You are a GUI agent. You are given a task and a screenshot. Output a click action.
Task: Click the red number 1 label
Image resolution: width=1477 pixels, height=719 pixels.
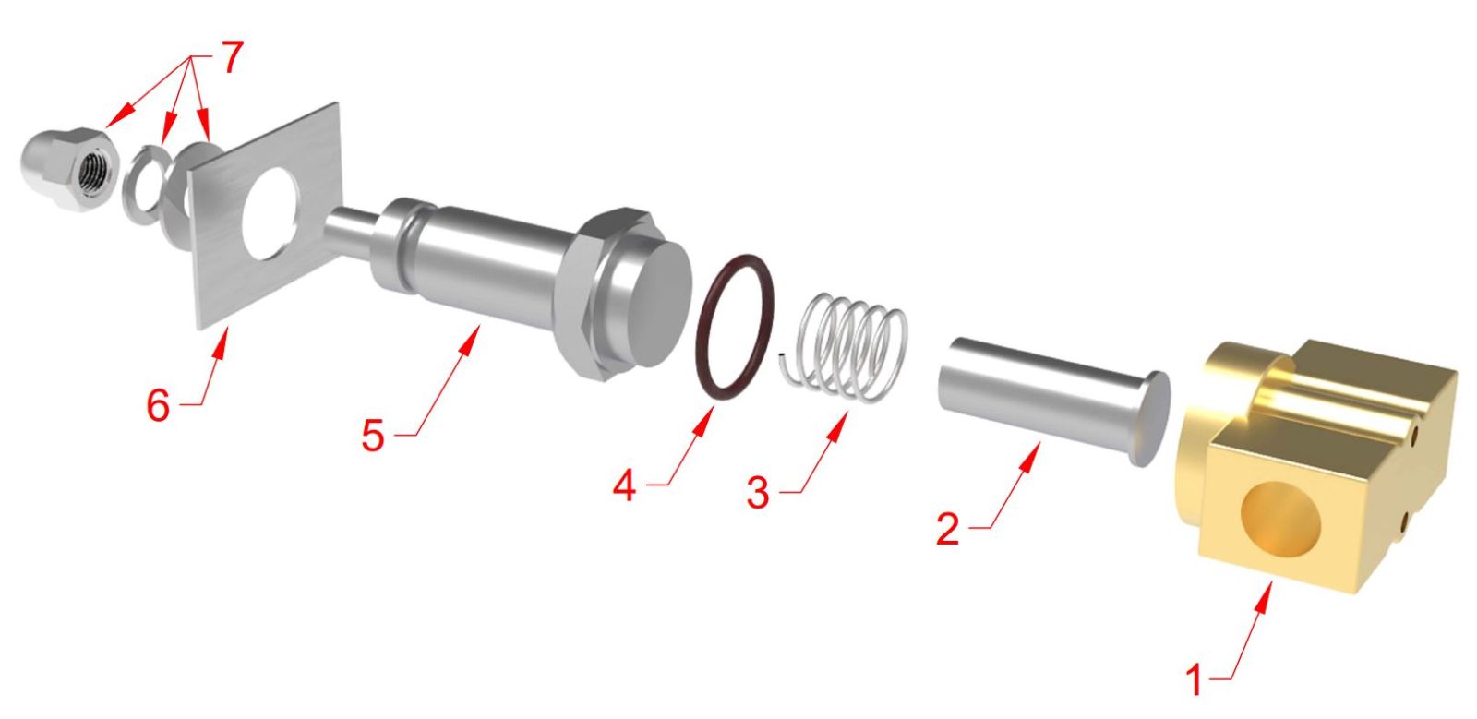1195,681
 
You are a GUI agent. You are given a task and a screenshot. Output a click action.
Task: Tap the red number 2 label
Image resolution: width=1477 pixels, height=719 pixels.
947,529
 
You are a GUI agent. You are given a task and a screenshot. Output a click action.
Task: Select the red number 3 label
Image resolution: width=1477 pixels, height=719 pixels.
758,493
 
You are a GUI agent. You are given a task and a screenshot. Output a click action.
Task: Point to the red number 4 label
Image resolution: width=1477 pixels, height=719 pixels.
625,485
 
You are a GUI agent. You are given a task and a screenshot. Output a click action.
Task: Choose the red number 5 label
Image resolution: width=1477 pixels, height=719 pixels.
373,436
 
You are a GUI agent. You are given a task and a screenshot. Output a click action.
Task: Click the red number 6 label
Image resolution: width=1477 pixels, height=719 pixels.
158,405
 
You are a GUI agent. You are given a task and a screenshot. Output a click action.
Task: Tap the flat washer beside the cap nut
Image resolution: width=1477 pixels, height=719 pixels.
145,185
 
